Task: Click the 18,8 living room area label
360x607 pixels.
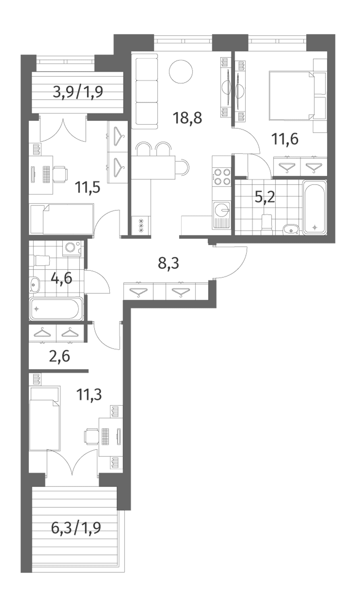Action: [x=187, y=118]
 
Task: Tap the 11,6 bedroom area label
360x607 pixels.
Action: [x=285, y=139]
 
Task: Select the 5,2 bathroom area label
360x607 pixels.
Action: [x=265, y=197]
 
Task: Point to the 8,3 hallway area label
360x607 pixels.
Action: [x=169, y=263]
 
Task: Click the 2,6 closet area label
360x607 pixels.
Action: [x=60, y=356]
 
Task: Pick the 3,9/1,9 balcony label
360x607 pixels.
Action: [x=78, y=91]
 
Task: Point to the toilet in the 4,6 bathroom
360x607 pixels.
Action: [x=41, y=260]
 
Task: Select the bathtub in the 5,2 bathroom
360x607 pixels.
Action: [x=314, y=207]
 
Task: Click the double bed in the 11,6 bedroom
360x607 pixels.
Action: [x=292, y=95]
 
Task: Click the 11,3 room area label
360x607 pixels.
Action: [x=89, y=394]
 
